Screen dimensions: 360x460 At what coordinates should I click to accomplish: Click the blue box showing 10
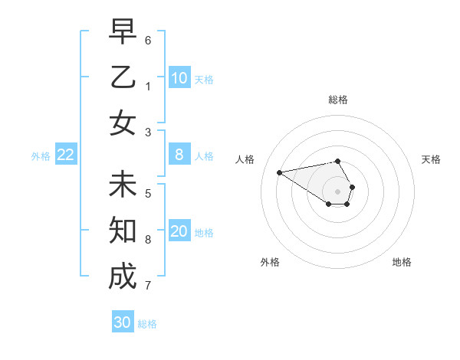point(179,78)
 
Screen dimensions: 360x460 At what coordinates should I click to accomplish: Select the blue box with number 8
point(179,155)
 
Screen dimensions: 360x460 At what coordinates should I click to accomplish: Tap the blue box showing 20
point(179,231)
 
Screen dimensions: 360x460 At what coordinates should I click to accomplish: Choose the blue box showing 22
point(66,155)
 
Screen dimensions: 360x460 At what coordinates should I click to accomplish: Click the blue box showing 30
point(123,322)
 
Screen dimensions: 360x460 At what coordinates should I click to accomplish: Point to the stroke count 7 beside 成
point(148,286)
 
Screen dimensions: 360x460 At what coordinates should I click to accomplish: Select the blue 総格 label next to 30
point(147,324)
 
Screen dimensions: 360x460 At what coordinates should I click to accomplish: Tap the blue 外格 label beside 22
point(41,156)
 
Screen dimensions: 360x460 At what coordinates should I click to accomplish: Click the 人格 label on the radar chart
point(245,159)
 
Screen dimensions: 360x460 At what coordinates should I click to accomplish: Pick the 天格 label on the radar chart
point(431,159)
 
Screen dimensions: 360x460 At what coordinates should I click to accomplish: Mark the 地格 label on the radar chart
point(402,262)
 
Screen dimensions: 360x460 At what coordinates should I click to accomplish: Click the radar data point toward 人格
point(279,172)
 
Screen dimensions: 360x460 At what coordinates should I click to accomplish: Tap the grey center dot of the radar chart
point(338,191)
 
